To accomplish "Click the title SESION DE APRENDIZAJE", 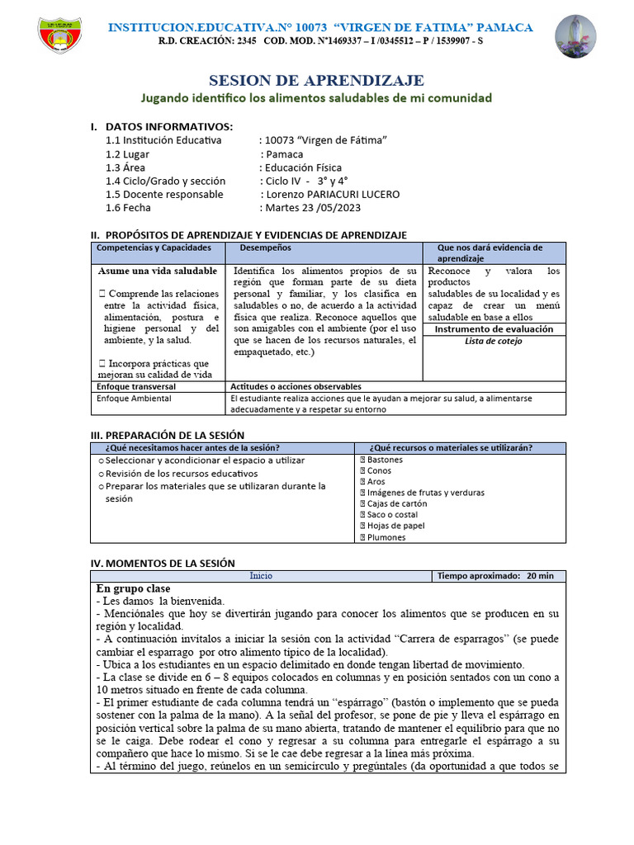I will click(316, 80).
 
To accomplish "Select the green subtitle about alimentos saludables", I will click(316, 98).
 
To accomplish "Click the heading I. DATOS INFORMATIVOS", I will click(161, 126).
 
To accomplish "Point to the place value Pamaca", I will click(283, 153).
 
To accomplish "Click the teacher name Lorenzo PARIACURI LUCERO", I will click(331, 194).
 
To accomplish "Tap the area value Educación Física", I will click(303, 168).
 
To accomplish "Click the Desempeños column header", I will click(265, 248).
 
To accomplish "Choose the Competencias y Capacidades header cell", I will click(154, 248).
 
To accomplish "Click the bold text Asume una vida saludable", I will click(158, 271).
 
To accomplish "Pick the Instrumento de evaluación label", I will click(494, 328).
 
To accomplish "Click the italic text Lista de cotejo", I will click(494, 341).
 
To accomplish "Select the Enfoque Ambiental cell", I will click(134, 398).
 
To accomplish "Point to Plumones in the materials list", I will click(386, 537).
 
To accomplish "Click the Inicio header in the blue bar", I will click(261, 576).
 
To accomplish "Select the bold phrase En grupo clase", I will click(133, 588).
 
